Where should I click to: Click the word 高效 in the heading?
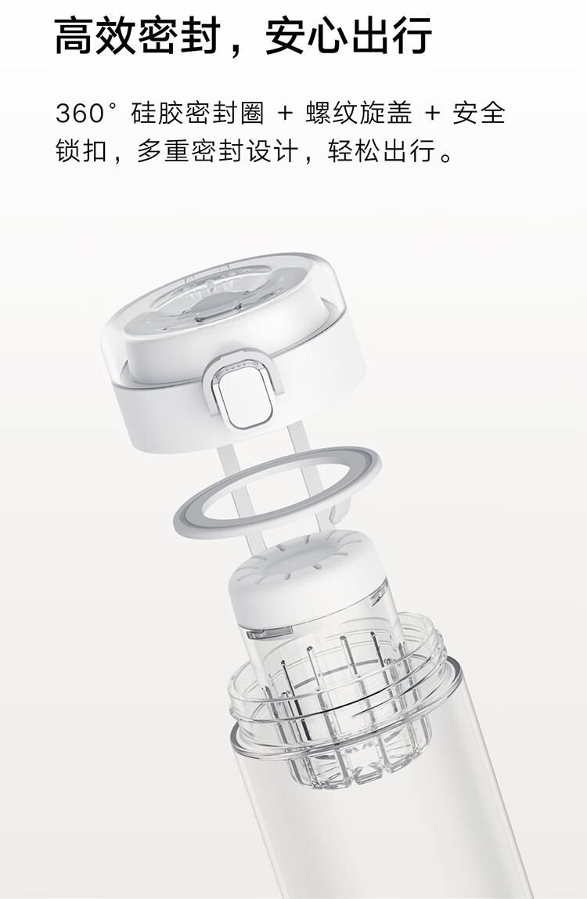(x=95, y=35)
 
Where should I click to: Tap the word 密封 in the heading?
(x=179, y=35)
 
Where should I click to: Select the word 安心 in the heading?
(x=306, y=35)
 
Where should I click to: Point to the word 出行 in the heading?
(x=391, y=35)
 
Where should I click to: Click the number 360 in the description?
(x=79, y=113)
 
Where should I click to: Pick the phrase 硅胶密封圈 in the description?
(x=197, y=113)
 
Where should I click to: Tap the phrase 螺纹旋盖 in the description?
(x=358, y=113)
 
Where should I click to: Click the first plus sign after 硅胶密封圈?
(x=285, y=113)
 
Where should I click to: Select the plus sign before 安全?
(x=432, y=113)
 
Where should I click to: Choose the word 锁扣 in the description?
(x=81, y=151)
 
